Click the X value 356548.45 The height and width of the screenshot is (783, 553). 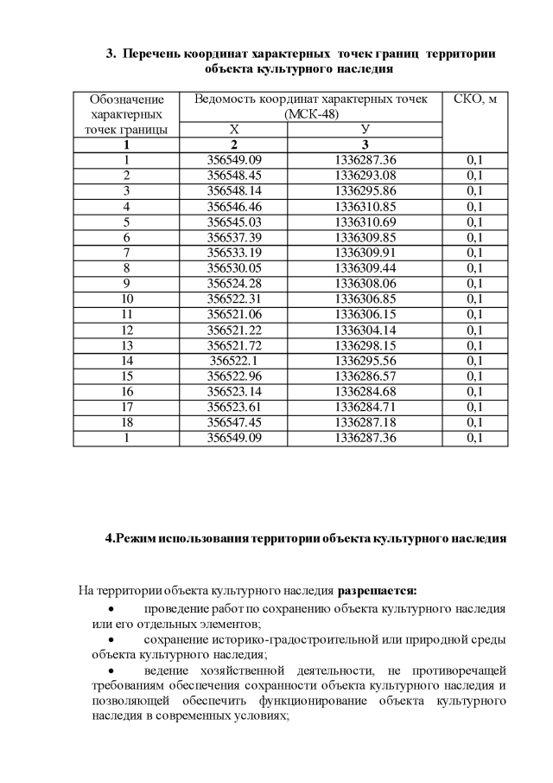[x=234, y=176]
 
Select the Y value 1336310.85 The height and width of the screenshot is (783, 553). [x=365, y=207]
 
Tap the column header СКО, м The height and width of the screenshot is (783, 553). [x=474, y=99]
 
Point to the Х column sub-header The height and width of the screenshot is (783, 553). [x=234, y=129]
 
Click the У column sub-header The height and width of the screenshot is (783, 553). [x=365, y=129]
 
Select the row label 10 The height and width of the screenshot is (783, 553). [x=126, y=299]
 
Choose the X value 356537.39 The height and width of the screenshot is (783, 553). [x=234, y=237]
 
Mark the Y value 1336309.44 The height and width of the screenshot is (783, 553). [x=365, y=268]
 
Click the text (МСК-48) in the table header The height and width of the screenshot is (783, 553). [x=311, y=113]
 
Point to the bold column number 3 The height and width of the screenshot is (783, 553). [x=365, y=144]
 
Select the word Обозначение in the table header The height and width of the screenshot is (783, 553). [x=126, y=99]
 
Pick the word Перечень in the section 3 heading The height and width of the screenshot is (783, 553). [x=152, y=54]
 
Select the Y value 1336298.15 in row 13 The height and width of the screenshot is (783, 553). [x=365, y=345]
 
